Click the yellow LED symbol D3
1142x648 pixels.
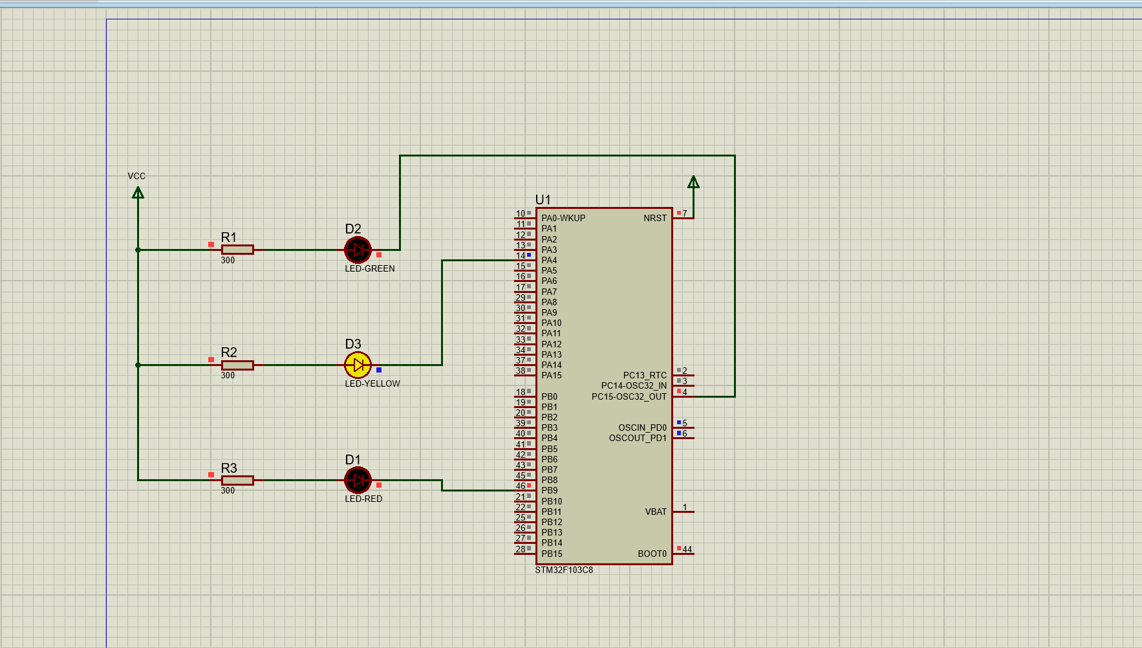(x=358, y=365)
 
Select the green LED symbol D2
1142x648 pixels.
(x=358, y=250)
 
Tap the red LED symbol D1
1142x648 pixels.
(x=358, y=481)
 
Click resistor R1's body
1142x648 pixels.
(x=237, y=250)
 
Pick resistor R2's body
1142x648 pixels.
(x=237, y=365)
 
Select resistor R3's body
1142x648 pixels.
(x=237, y=481)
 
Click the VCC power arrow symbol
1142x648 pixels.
(x=138, y=193)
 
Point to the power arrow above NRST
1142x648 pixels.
(x=693, y=182)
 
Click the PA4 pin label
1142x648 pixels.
(x=549, y=261)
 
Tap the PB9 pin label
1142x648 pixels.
(x=549, y=491)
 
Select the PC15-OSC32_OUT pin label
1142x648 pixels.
(x=629, y=396)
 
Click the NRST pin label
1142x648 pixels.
(x=654, y=219)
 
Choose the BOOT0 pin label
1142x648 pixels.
(x=652, y=554)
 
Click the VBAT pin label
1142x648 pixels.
(x=655, y=512)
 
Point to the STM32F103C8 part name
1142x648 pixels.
(x=563, y=570)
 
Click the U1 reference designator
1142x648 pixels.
(x=543, y=200)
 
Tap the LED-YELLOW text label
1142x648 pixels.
(x=372, y=384)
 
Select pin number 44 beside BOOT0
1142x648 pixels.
(x=687, y=550)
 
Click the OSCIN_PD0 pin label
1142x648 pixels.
(x=641, y=428)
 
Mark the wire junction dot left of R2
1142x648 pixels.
(x=138, y=365)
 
